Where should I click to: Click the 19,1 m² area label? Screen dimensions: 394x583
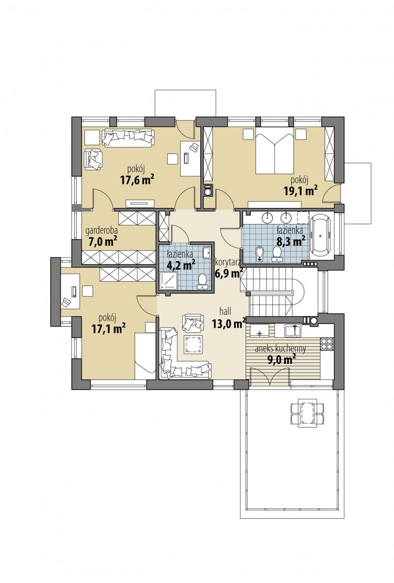[x=300, y=191]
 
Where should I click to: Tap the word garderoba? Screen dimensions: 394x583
[x=102, y=230]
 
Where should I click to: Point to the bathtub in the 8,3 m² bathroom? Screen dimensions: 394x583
[x=321, y=236]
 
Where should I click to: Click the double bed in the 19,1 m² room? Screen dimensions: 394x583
[x=275, y=151]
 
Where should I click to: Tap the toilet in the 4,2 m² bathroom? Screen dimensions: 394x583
[x=202, y=282]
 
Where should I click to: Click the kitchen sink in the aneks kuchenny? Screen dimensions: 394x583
[x=293, y=330]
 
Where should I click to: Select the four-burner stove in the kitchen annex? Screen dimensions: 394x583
[x=327, y=343]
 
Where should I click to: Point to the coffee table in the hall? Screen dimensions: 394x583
[x=193, y=344]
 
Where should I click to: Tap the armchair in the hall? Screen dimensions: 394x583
[x=193, y=323]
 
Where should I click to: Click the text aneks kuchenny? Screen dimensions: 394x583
[x=280, y=348]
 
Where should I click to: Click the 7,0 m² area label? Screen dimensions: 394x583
[x=102, y=242]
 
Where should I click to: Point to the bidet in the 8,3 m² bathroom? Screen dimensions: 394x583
[x=260, y=254]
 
